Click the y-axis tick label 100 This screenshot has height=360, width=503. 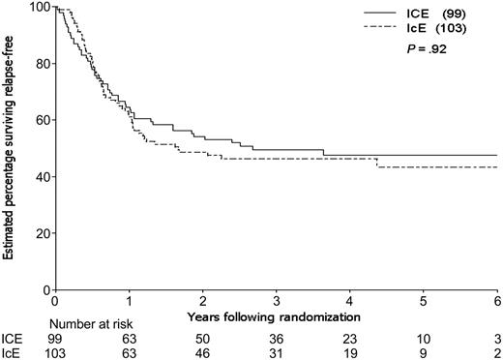(37, 8)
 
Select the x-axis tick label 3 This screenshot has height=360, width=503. (277, 302)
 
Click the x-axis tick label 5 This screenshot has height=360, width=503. (424, 302)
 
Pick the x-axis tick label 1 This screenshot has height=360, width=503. (129, 302)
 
